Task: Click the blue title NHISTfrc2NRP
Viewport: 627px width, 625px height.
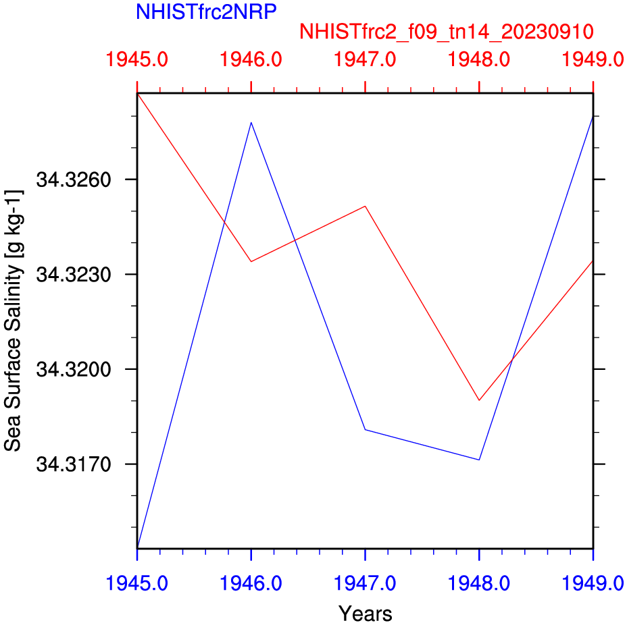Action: tap(206, 12)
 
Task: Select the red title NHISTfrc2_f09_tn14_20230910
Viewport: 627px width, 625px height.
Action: tap(447, 32)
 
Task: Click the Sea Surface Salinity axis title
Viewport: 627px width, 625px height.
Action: tap(14, 321)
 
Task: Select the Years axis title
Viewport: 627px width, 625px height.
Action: tap(365, 614)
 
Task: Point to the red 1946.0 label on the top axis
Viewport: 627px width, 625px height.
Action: tap(251, 60)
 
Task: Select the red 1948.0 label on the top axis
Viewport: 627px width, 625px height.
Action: tap(479, 60)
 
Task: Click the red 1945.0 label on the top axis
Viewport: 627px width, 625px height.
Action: tap(137, 60)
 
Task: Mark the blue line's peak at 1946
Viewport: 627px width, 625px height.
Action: tap(251, 122)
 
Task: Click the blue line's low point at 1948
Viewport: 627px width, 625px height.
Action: tap(479, 460)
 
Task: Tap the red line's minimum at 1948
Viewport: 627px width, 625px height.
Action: tap(479, 400)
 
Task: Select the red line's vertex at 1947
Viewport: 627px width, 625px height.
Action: tap(365, 206)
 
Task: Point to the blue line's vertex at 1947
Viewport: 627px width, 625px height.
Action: tap(365, 429)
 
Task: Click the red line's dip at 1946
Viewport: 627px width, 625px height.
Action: tap(251, 261)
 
